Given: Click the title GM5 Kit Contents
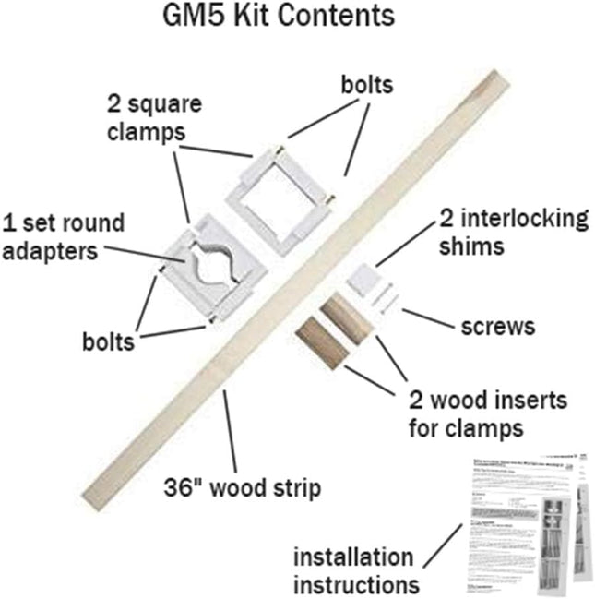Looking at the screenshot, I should coord(297,18).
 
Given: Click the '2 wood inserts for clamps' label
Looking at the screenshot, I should coord(489,414).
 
